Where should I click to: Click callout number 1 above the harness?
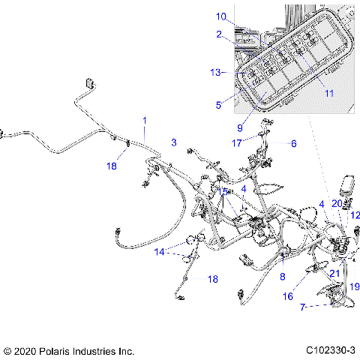(145, 121)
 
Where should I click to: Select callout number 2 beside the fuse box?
(219, 34)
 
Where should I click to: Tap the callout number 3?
(173, 142)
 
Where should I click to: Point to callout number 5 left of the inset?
(219, 106)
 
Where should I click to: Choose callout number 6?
(294, 142)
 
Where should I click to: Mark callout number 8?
(282, 277)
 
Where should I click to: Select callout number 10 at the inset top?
(220, 16)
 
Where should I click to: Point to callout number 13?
(216, 73)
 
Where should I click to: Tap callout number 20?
(336, 203)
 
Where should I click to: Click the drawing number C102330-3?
(330, 350)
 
